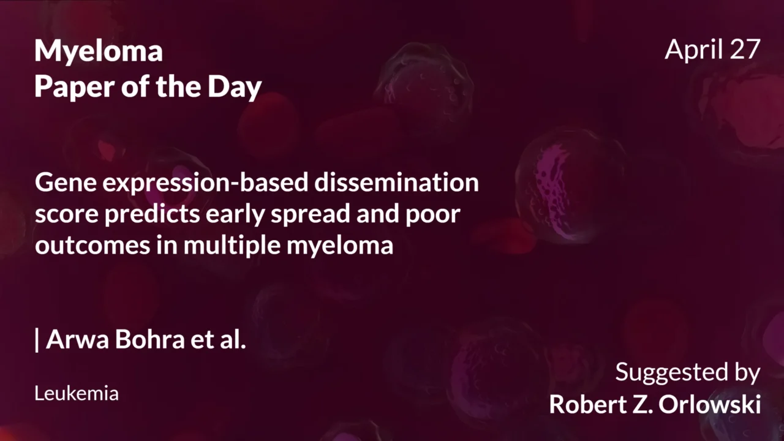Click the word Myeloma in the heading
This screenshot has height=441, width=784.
[x=99, y=52]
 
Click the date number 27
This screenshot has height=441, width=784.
[x=744, y=49]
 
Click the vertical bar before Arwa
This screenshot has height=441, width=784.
[x=37, y=340]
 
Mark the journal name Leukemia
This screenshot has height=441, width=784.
[x=77, y=393]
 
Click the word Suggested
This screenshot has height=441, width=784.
[x=663, y=372]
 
